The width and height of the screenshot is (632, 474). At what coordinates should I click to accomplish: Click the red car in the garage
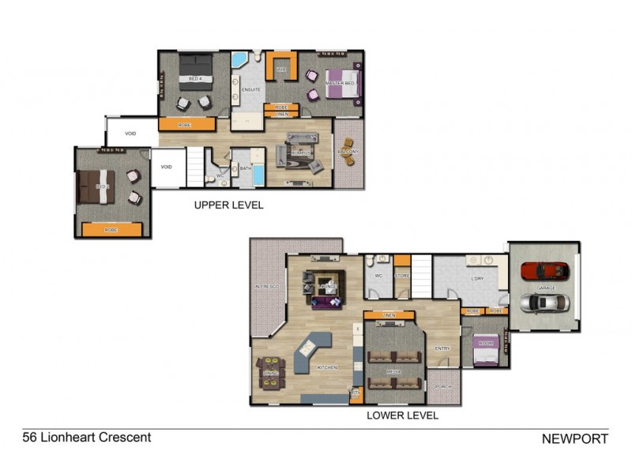click(545, 270)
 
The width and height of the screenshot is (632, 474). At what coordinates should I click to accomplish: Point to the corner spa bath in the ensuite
click(239, 61)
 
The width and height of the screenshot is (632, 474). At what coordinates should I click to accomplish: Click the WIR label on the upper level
click(280, 70)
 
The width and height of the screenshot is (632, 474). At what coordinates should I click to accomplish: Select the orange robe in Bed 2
click(111, 229)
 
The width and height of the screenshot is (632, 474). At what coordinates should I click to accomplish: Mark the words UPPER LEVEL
click(228, 205)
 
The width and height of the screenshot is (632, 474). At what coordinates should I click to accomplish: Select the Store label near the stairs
click(402, 276)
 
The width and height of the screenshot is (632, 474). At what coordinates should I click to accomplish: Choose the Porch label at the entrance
click(443, 386)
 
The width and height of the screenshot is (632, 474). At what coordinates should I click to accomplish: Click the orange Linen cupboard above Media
click(389, 316)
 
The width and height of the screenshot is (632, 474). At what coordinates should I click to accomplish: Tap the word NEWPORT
click(574, 438)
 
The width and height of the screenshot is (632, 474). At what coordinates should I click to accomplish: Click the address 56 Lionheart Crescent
click(87, 437)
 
